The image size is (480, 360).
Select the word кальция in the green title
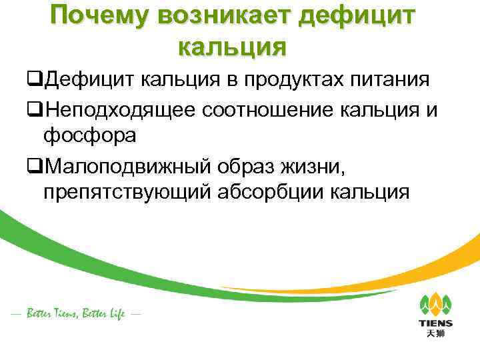[233, 47]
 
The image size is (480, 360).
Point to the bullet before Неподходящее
[35, 110]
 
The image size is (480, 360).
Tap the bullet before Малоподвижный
[35, 165]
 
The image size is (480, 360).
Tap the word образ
[253, 164]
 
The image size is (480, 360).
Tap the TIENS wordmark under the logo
[435, 323]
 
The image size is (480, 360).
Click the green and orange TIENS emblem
[435, 304]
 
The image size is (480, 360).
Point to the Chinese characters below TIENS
[435, 333]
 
